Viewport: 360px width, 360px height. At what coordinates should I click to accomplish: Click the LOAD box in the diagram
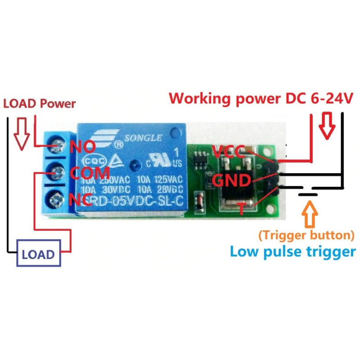click(38, 254)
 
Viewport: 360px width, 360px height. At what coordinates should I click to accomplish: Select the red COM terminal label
click(90, 172)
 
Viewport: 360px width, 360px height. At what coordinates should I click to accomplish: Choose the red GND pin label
click(230, 180)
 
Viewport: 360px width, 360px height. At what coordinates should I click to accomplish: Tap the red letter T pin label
click(242, 208)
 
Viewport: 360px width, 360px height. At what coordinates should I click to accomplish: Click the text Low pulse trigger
click(292, 251)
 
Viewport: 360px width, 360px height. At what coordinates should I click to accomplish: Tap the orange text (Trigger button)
click(306, 235)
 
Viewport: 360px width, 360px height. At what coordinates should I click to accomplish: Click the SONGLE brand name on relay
click(143, 137)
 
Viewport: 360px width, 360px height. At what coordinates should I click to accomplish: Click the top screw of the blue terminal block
click(57, 144)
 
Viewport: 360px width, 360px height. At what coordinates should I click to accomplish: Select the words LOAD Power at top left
click(39, 103)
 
